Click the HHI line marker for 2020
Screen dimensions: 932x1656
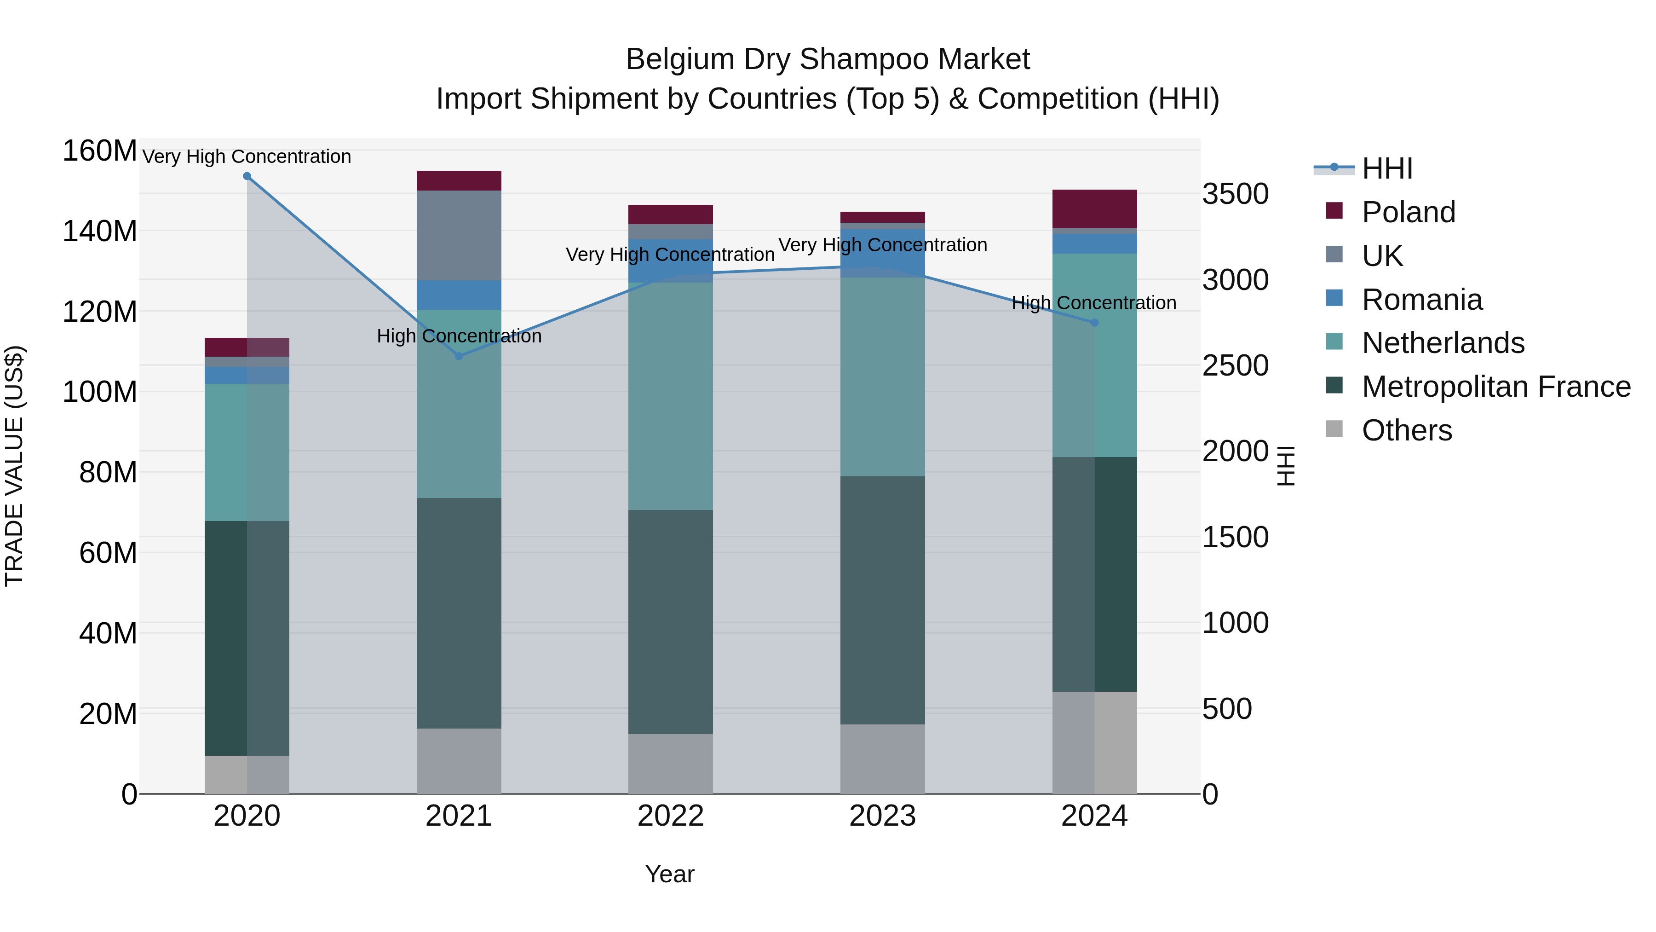(247, 176)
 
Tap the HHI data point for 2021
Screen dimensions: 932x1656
(459, 356)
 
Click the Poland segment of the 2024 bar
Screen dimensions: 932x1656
(1095, 209)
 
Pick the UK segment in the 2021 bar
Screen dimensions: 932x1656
(459, 235)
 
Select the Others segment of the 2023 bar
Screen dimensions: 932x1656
(883, 759)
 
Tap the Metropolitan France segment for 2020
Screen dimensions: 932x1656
(247, 638)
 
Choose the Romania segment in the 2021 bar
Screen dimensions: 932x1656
(459, 295)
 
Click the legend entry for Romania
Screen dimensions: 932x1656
(1422, 300)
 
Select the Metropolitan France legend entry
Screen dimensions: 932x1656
(1496, 387)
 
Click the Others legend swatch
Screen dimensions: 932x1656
(1334, 429)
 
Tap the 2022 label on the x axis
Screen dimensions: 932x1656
(671, 816)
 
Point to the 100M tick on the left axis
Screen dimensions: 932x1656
(100, 392)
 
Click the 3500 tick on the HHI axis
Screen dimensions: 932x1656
(1236, 194)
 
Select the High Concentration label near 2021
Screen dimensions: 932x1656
(459, 336)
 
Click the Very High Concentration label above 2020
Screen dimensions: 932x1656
(247, 156)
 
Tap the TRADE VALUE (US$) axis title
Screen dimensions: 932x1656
(14, 466)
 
